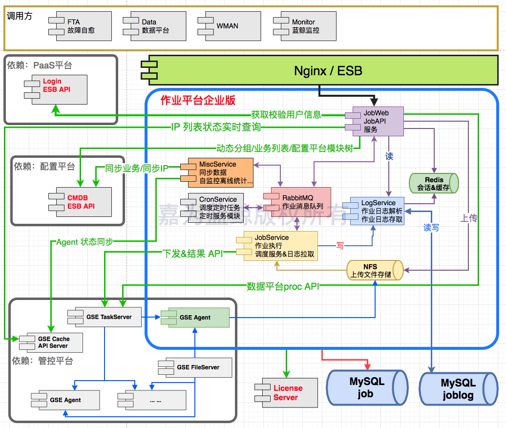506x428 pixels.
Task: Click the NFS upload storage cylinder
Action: pyautogui.click(x=374, y=270)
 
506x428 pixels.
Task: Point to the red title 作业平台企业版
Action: pyautogui.click(x=198, y=101)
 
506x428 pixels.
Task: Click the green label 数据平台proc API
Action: pyautogui.click(x=283, y=286)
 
